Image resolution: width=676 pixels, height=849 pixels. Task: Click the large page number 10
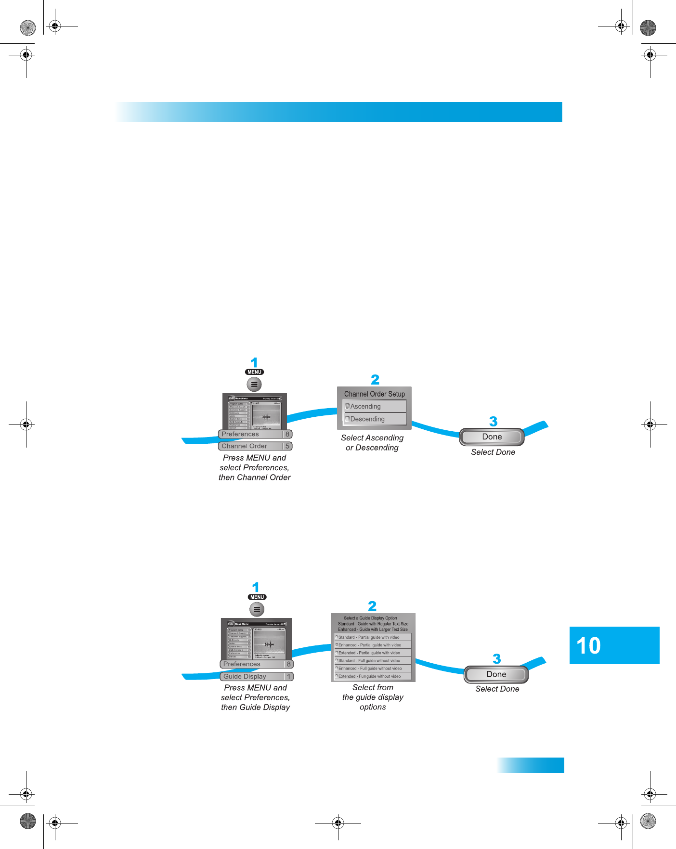coord(588,646)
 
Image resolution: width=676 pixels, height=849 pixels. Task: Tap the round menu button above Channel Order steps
coord(254,385)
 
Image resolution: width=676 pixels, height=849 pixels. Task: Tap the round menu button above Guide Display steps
coord(257,609)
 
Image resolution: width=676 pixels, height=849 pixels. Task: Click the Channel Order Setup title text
coord(374,394)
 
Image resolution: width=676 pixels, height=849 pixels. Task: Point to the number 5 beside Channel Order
coord(287,446)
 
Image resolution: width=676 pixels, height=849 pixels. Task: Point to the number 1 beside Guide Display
coord(289,677)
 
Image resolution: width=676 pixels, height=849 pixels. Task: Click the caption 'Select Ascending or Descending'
coord(372,443)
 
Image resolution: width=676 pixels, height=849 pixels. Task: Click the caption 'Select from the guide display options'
coord(373,697)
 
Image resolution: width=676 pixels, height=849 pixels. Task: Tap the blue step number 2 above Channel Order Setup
coord(375,380)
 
